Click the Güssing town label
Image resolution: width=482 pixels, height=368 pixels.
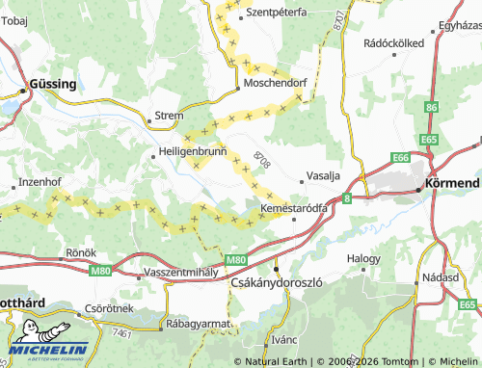coord(53,84)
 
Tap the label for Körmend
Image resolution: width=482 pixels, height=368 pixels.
coord(453,182)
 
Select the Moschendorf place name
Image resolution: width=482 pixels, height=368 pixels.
coord(276,84)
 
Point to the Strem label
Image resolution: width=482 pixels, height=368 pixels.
coord(169,117)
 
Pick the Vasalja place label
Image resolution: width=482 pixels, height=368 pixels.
coord(323,176)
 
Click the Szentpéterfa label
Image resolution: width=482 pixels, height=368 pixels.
coord(277,13)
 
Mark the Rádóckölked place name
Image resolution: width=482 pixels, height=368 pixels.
coord(394,43)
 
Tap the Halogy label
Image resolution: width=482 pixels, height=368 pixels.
coord(364,258)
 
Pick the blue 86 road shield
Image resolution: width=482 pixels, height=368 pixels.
coord(431,107)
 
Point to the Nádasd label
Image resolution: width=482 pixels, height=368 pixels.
coord(440,276)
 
